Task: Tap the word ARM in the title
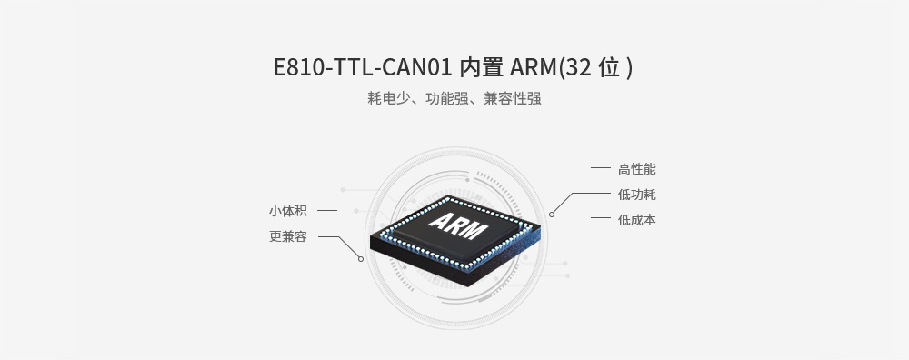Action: pos(532,69)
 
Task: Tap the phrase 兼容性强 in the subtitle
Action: pos(513,99)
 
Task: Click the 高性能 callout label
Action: pos(636,169)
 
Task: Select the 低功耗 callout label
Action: pos(636,195)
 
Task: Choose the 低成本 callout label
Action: pos(636,220)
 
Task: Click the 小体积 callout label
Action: pos(287,211)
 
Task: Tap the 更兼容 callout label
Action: pos(287,236)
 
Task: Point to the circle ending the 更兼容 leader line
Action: pos(361,259)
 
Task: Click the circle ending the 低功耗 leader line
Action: pos(552,215)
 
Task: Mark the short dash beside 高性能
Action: pos(600,169)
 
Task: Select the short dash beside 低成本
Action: pos(600,218)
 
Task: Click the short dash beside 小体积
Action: pos(327,211)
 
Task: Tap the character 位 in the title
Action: pos(610,69)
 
